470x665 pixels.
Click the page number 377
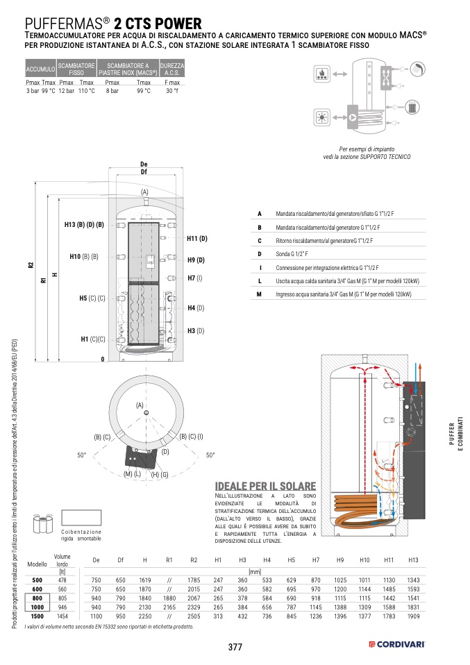[x=235, y=647]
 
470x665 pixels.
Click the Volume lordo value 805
[x=62, y=598]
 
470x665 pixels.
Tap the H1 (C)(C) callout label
[x=93, y=339]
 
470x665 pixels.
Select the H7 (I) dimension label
[x=195, y=278]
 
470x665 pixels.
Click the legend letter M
[x=259, y=294]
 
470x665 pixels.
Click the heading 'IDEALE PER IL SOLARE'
[x=266, y=486]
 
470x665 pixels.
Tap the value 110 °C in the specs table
[x=86, y=91]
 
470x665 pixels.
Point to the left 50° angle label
[x=81, y=455]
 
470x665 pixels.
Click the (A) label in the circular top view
[x=139, y=405]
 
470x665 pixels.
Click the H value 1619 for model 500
[x=145, y=580]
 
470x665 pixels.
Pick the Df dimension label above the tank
[x=144, y=171]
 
